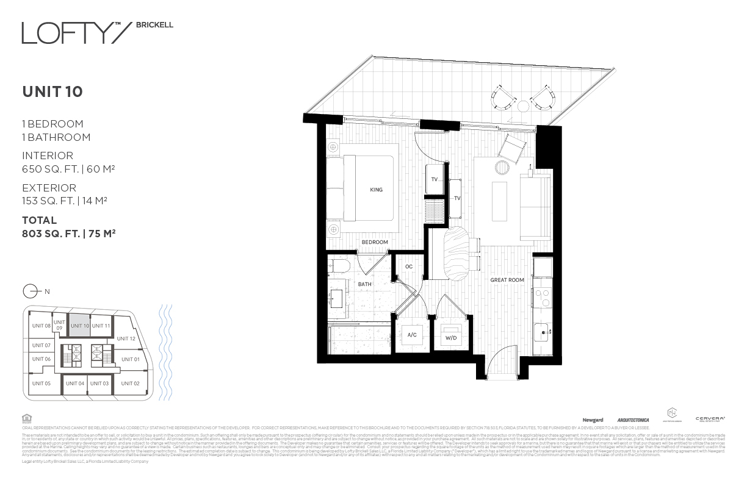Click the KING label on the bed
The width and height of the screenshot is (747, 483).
(x=376, y=190)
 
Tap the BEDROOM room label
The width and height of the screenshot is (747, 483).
(x=375, y=242)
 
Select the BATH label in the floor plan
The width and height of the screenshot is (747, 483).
(x=365, y=284)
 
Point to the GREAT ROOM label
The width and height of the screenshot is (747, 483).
(x=507, y=281)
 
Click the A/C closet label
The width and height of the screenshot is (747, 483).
(x=413, y=335)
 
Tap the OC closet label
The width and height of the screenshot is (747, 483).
(x=409, y=267)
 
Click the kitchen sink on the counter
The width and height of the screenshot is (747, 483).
(x=542, y=333)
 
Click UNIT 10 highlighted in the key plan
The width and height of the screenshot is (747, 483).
(x=80, y=326)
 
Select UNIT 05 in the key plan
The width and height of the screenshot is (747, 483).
(x=41, y=383)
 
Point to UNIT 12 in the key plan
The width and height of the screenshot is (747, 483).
(x=126, y=338)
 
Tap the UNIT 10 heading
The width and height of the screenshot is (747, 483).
(x=52, y=92)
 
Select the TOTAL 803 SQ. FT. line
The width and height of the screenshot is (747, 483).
(x=69, y=233)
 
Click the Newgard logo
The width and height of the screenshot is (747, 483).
(x=593, y=420)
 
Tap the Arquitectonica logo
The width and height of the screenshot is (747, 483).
(x=633, y=420)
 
